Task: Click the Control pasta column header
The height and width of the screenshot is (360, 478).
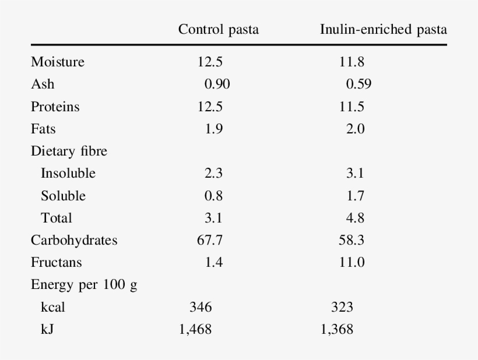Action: pyautogui.click(x=218, y=30)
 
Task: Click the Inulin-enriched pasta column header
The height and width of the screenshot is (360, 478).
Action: pyautogui.click(x=384, y=30)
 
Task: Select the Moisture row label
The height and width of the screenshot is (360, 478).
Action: pyautogui.click(x=58, y=62)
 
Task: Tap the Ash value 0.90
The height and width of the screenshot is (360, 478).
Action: pyautogui.click(x=217, y=84)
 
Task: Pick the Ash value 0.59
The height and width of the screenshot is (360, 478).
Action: pyautogui.click(x=358, y=84)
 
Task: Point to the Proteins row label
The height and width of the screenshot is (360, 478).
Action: pyautogui.click(x=55, y=107)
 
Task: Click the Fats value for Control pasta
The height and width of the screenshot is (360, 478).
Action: pyautogui.click(x=214, y=129)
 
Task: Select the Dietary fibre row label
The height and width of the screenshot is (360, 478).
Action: pyautogui.click(x=69, y=151)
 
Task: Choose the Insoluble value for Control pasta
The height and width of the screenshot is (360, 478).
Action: pyautogui.click(x=214, y=174)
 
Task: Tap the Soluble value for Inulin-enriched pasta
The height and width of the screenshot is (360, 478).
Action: pyautogui.click(x=356, y=196)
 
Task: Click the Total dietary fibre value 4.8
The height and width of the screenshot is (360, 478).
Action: pyautogui.click(x=356, y=218)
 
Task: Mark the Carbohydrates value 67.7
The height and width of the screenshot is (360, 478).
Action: pyautogui.click(x=210, y=241)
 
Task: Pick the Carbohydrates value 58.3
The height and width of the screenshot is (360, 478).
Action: pyautogui.click(x=352, y=241)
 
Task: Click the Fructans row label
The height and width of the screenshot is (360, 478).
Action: pyautogui.click(x=56, y=263)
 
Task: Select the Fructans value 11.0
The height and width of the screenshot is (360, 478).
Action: pyautogui.click(x=352, y=263)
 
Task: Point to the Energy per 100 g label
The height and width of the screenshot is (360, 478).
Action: pyautogui.click(x=84, y=285)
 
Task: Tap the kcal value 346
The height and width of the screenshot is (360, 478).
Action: pyautogui.click(x=201, y=308)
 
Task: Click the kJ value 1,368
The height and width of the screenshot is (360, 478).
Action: pyautogui.click(x=336, y=330)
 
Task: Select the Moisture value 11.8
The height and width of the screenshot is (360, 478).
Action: pyautogui.click(x=352, y=62)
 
